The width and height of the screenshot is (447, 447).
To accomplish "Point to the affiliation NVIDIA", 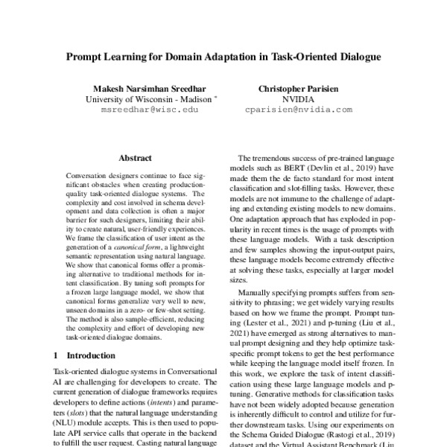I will pyautogui.click(x=298, y=98).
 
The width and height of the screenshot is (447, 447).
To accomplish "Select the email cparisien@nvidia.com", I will pyautogui.click(x=298, y=109).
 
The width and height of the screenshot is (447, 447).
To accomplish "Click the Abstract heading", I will pyautogui.click(x=135, y=159).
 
